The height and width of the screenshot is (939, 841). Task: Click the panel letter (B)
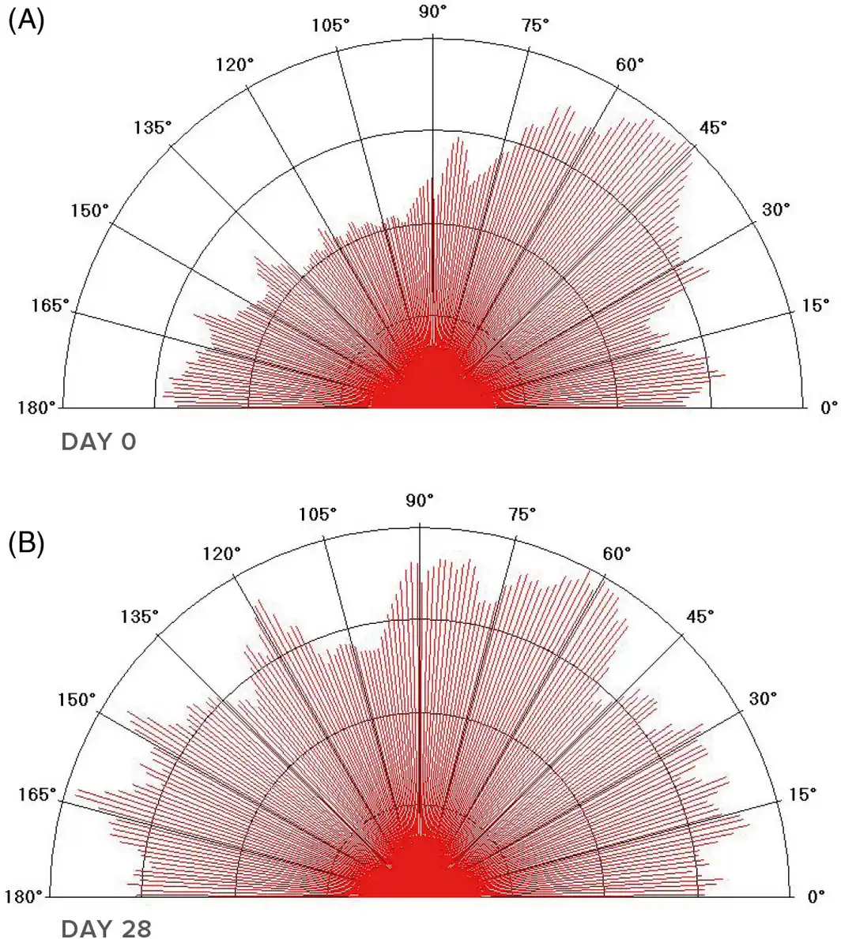coord(25,543)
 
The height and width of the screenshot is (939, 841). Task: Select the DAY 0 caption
coord(99,441)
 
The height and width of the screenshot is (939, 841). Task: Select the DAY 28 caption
coord(106,929)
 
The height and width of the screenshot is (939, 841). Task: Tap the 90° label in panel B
coord(420,500)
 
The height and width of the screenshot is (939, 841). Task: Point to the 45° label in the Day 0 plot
coord(713,127)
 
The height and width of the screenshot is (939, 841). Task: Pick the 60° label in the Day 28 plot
coord(617,553)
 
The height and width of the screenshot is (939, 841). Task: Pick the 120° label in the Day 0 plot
coord(235,64)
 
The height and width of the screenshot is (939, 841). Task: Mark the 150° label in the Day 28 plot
coord(77,699)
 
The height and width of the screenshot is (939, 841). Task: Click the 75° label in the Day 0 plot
coord(535,24)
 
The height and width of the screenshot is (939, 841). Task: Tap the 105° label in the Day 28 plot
coord(318,513)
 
